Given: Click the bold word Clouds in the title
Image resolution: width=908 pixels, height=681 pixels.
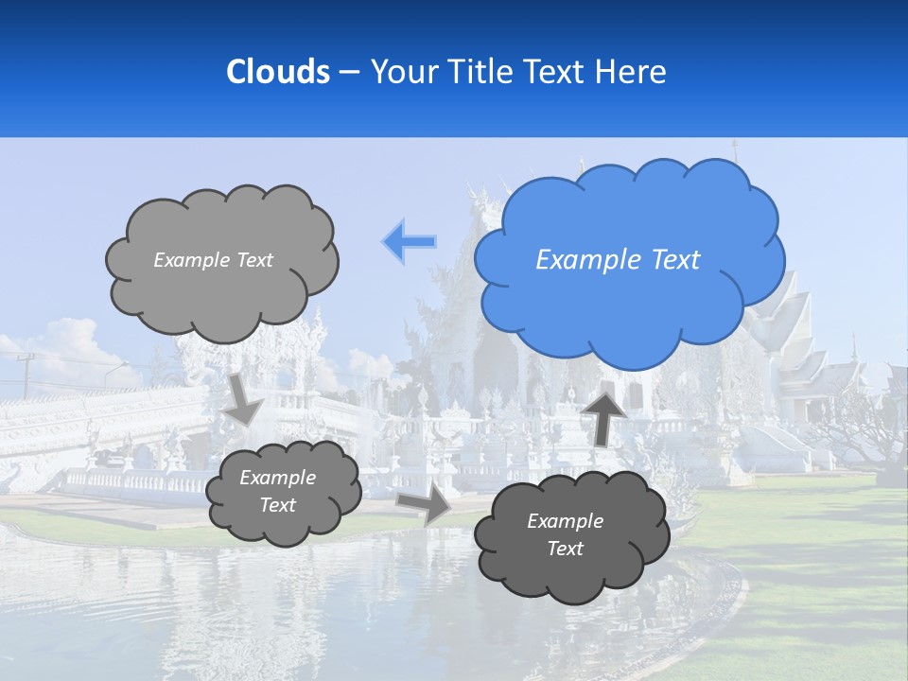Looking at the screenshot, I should pyautogui.click(x=277, y=72).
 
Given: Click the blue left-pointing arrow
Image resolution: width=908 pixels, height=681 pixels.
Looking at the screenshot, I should pyautogui.click(x=410, y=241).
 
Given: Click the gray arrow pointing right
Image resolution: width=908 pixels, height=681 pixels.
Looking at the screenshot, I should pyautogui.click(x=425, y=504).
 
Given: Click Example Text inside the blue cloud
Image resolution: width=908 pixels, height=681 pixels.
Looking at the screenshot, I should pyautogui.click(x=618, y=260).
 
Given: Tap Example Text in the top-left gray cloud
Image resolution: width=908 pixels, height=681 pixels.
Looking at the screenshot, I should pyautogui.click(x=213, y=260).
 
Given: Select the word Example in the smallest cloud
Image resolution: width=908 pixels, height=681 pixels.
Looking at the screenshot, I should pyautogui.click(x=277, y=478).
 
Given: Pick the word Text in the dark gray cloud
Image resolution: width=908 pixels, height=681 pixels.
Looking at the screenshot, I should pyautogui.click(x=565, y=550).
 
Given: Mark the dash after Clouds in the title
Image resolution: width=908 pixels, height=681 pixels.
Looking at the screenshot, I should pyautogui.click(x=348, y=73).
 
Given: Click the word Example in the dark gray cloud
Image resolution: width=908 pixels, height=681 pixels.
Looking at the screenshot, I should pyautogui.click(x=565, y=521).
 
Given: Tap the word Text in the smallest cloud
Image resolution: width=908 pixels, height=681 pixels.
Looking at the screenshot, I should pyautogui.click(x=277, y=506).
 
